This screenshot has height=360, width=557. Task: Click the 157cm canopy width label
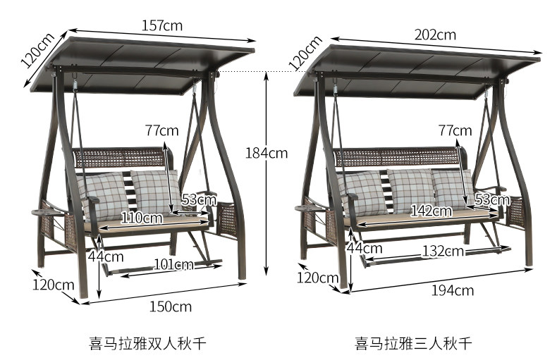[162, 25]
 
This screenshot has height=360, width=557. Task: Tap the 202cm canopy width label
[435, 34]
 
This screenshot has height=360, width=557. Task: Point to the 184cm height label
[267, 152]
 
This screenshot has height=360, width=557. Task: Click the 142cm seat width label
[431, 211]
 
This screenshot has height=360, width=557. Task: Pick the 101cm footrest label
[173, 265]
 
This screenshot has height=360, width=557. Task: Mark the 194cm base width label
[453, 290]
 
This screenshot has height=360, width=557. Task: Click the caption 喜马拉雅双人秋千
[147, 344]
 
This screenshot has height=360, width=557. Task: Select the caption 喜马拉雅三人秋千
[413, 344]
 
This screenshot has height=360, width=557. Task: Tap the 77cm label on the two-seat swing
[161, 130]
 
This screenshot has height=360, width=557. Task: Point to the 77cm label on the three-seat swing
[455, 130]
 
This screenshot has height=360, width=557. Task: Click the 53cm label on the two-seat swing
[199, 199]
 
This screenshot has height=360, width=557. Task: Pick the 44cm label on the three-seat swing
[365, 247]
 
